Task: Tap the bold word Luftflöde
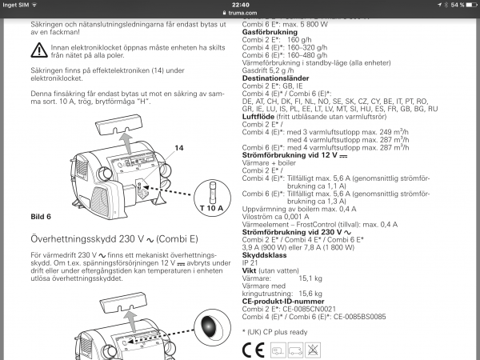(x=260, y=116)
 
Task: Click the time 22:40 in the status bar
(x=239, y=4)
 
